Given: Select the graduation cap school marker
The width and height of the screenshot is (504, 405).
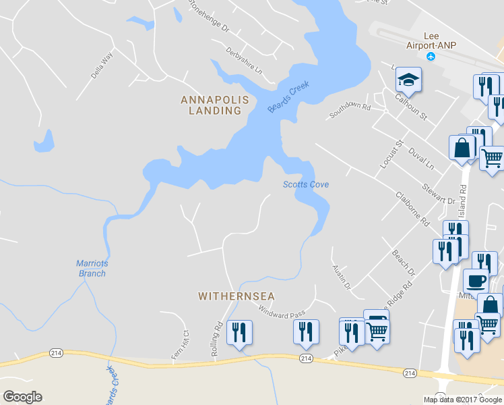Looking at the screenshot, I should point(408,80).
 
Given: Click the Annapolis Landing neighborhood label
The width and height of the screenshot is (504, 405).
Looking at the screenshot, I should point(215,105).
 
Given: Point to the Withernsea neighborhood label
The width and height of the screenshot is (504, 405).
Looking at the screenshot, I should point(237,296).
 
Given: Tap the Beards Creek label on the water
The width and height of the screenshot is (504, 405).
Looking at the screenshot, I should point(288,97).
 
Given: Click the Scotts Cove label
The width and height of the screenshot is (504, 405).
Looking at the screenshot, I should point(305,184).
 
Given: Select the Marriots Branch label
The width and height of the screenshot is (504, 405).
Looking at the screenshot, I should point(91,269).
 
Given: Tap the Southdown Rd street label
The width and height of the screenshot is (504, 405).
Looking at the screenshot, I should point(350,111).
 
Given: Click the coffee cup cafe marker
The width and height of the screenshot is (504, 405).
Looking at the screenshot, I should point(476,281).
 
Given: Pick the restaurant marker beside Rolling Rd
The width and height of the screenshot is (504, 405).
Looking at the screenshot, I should point(239,333).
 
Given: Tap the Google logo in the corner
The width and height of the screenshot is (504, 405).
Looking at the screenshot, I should point(22,397).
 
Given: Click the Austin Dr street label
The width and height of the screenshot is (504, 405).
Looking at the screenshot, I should point(342,277).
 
